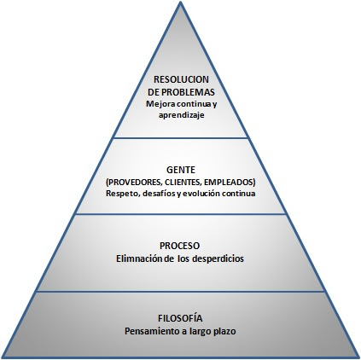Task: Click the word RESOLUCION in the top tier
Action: [x=180, y=79]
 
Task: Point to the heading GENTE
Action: [x=179, y=171]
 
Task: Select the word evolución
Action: [x=207, y=193]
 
